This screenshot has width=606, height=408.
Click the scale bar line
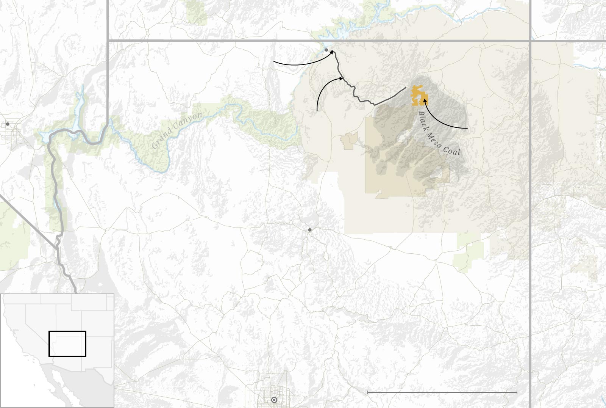click(442, 392)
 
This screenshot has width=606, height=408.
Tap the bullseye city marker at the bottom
click(274, 400)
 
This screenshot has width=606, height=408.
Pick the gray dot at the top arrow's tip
click(326, 50)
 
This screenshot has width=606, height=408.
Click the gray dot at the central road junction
click(310, 230)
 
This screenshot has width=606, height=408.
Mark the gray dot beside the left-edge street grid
click(8, 124)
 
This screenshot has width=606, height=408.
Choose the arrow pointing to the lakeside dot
click(299, 64)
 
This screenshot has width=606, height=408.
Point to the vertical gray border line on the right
click(530, 228)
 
